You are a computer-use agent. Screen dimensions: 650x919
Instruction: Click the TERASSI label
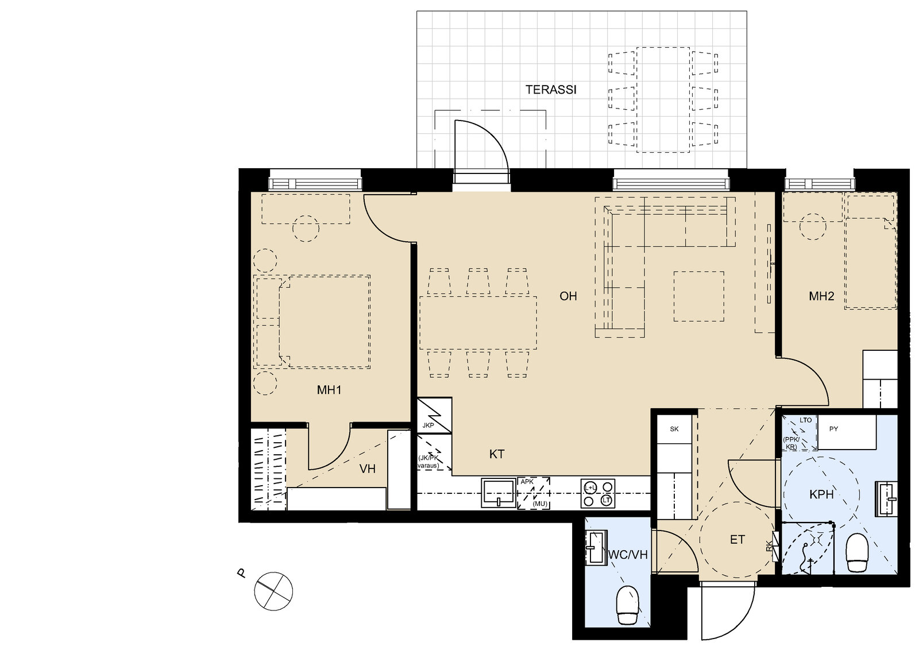pos(550,90)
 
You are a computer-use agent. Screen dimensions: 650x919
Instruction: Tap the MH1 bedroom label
pos(329,390)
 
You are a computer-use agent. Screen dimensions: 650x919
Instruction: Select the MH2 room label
pos(821,297)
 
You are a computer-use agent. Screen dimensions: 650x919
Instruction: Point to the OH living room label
pos(568,296)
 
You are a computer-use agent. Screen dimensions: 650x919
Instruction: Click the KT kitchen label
pos(497,454)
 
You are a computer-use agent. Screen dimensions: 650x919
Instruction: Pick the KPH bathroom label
pos(821,494)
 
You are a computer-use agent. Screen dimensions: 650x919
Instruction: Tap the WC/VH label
pos(628,555)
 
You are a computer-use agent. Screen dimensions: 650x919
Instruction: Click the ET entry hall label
pos(737,540)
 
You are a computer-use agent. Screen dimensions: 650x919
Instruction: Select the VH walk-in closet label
pos(368,469)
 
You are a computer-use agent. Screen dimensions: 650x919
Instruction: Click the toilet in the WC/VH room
pos(627,605)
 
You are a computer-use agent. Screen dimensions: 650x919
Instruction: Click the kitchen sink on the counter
pos(499,493)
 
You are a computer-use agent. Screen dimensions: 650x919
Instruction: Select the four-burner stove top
pos(597,494)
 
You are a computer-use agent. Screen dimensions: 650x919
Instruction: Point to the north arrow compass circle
pos(274,591)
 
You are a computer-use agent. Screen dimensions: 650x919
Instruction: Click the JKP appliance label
pos(428,425)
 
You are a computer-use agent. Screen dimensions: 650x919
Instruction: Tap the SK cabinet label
pos(674,429)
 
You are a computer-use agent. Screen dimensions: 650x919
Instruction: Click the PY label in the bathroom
pos(833,429)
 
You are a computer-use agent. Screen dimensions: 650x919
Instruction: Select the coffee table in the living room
pos(698,296)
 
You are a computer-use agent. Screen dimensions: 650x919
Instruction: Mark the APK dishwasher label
pos(527,482)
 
